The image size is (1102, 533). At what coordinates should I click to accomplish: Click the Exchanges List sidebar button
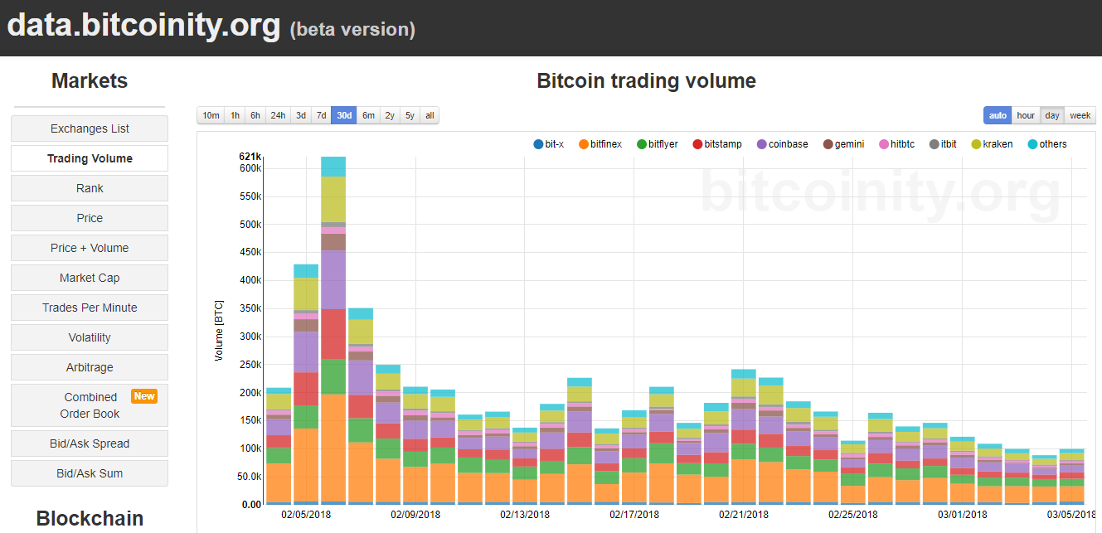90,128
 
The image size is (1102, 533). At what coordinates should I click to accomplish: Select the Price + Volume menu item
90,248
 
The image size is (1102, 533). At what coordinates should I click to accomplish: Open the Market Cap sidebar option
90,278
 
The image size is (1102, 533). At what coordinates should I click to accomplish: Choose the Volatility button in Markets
90,337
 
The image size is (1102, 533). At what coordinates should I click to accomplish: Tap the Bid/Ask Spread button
90,443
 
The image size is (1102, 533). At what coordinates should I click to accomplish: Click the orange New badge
144,396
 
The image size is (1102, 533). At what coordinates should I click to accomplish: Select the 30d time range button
344,115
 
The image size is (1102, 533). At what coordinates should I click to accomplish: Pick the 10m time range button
211,115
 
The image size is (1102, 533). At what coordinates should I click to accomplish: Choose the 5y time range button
410,115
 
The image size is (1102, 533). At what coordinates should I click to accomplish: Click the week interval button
1080,115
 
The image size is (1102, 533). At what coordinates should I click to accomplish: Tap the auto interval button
998,115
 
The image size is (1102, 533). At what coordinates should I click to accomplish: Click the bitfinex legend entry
600,144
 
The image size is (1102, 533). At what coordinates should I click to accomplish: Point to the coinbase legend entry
782,144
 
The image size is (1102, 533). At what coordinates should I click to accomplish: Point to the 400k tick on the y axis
250,280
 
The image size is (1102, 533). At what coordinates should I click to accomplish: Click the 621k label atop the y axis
250,156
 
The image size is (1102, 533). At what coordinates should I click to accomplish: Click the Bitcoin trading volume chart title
646,81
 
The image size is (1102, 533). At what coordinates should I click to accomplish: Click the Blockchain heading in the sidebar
90,519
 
